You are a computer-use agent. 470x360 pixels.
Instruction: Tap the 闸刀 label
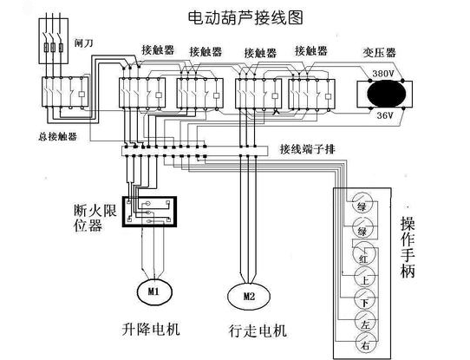tap(84, 41)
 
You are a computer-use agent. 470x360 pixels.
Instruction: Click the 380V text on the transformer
tap(383, 74)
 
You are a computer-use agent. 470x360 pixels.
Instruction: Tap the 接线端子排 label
tap(308, 149)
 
